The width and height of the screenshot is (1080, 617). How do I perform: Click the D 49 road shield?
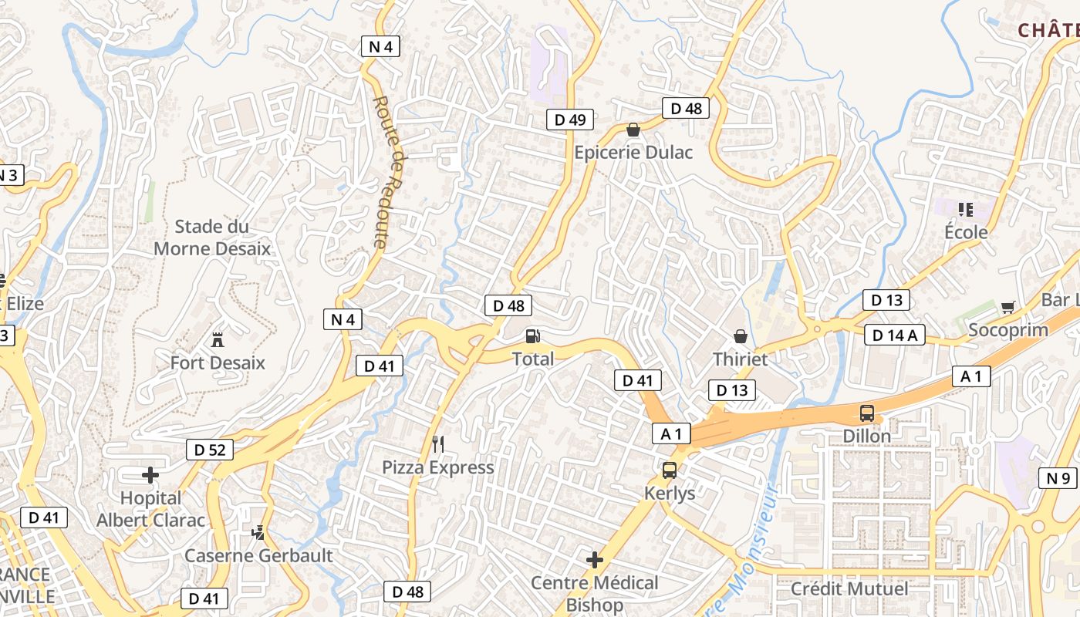tap(570, 119)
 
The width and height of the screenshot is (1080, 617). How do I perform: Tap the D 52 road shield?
tap(210, 450)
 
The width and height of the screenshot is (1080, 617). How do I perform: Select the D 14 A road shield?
tap(895, 335)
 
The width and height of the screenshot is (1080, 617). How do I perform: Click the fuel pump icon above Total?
tap(532, 336)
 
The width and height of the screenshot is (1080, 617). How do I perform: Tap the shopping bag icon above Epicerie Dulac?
tap(633, 130)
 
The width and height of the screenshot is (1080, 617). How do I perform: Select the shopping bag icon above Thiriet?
tap(741, 336)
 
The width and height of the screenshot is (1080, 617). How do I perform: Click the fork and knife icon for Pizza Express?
tap(438, 443)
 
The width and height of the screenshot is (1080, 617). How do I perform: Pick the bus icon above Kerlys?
tap(669, 470)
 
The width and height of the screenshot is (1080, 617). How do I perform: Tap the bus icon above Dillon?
tap(867, 413)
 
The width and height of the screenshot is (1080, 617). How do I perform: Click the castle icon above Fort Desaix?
tap(218, 339)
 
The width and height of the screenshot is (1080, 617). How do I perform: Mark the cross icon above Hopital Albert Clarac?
tap(150, 474)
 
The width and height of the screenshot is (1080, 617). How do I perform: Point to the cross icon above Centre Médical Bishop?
tap(595, 559)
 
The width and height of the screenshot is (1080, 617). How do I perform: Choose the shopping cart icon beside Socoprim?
tap(1007, 308)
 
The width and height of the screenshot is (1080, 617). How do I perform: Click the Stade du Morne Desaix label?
tap(212, 238)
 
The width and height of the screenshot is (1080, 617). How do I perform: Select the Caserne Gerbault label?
tap(258, 555)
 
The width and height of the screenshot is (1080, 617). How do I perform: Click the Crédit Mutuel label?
tap(849, 589)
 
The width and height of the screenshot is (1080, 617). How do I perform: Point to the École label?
tap(966, 232)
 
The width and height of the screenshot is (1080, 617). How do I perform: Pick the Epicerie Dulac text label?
tap(633, 152)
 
